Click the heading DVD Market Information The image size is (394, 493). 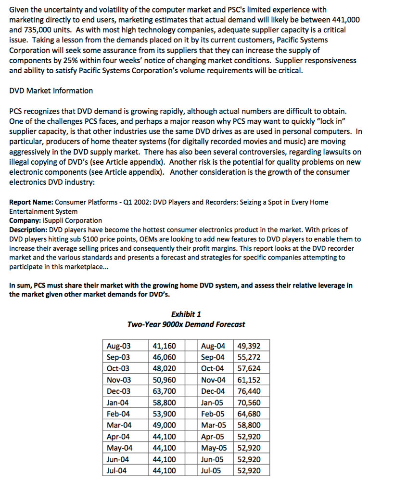coord(51,91)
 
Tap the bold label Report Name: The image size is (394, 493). coord(31,202)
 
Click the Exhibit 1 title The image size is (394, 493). coord(186,314)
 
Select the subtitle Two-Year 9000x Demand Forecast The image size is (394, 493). coord(186,324)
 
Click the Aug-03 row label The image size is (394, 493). coord(118,346)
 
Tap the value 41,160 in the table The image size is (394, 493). coord(164,346)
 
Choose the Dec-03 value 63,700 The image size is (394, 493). coord(164,391)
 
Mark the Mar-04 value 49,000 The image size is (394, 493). coord(164,425)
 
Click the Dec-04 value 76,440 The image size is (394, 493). coord(250,391)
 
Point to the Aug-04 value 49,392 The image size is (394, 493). coord(250,346)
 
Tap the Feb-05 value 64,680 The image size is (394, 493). coord(250,414)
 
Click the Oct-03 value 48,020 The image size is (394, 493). coord(164,368)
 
